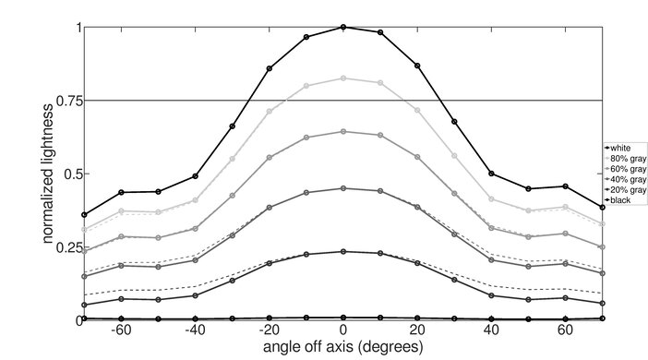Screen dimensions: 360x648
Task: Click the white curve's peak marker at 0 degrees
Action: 343,27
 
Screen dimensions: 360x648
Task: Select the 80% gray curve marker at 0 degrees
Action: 343,78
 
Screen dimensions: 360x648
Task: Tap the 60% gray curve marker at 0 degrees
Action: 343,132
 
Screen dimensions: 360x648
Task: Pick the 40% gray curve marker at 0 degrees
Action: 343,188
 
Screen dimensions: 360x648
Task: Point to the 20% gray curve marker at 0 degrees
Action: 343,251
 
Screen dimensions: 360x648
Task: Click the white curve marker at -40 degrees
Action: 195,175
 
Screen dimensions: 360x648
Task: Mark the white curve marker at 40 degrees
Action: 491,174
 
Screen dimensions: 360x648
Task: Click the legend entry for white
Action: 623,148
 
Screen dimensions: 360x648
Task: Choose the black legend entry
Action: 623,199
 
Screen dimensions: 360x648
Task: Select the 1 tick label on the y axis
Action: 76,28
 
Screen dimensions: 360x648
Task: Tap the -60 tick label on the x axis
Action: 120,330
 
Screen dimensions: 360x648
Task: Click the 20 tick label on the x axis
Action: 417,330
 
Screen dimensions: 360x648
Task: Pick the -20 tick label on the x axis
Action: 268,330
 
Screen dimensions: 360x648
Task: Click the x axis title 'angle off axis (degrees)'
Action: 343,348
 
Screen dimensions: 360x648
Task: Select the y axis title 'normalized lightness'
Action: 45,174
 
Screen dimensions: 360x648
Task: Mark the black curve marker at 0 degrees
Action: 343,318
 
